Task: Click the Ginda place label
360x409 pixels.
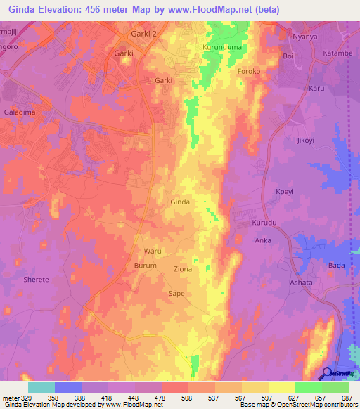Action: [180, 202]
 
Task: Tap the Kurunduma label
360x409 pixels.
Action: [221, 46]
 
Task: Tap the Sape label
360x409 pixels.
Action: [176, 293]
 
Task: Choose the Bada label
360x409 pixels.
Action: [337, 265]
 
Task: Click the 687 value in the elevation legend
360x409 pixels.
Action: [347, 398]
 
